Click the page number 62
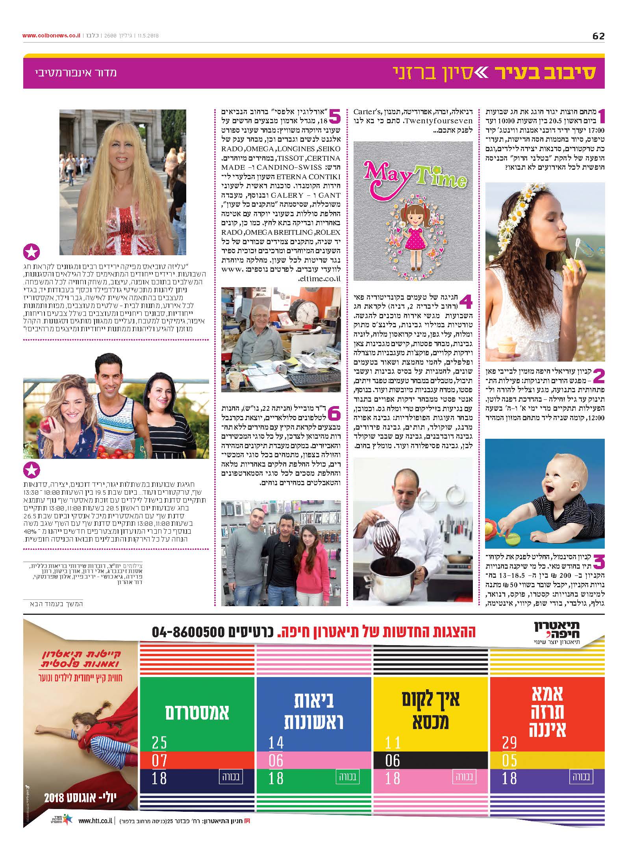click(x=598, y=36)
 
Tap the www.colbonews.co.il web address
click(x=52, y=35)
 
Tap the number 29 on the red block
click(x=509, y=742)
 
